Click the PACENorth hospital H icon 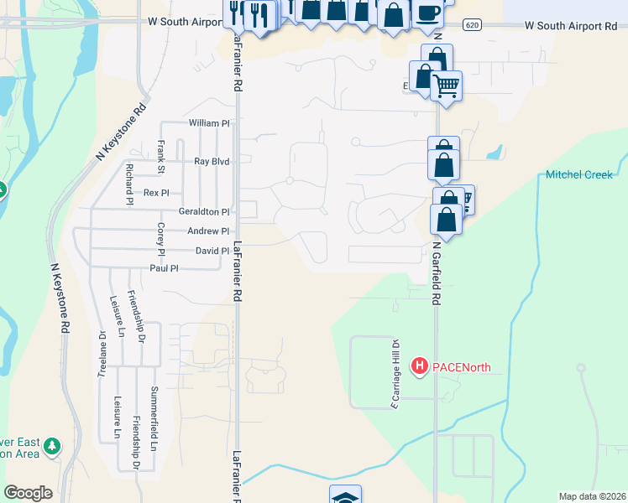coord(418,366)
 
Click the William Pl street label coord(209,123)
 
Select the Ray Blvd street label coord(212,161)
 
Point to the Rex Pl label coord(156,193)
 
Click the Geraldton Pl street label coord(203,212)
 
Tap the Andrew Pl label coord(207,231)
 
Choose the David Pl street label coord(212,251)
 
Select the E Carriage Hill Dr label coord(393,374)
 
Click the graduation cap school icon coord(345,497)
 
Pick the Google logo coord(29,493)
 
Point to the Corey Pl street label coord(160,239)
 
